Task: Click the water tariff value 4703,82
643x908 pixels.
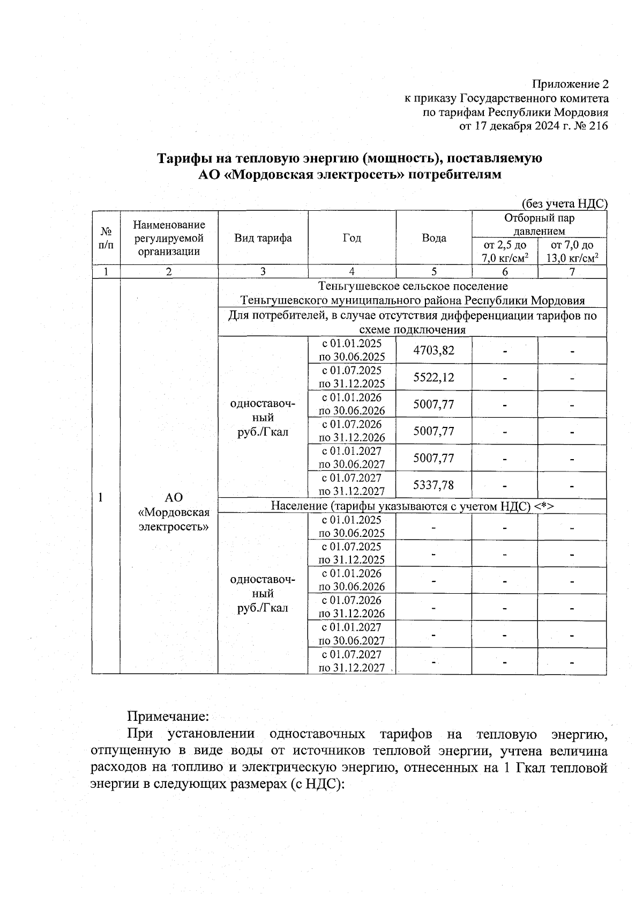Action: click(x=433, y=350)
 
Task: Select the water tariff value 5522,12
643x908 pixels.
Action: click(x=433, y=377)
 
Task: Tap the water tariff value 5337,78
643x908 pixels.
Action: click(x=433, y=485)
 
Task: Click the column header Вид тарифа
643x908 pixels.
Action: click(x=263, y=238)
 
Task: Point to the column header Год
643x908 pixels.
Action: click(x=352, y=238)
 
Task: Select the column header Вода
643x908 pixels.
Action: click(x=433, y=238)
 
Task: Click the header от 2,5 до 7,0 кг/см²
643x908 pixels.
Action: click(x=504, y=252)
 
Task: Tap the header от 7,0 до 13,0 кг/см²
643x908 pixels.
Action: click(x=572, y=252)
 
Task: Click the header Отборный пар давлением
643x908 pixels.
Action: click(x=539, y=224)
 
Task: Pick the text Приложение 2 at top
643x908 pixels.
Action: click(x=570, y=84)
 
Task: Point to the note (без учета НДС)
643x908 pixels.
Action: click(x=564, y=204)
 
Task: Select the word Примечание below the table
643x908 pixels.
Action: click(x=167, y=715)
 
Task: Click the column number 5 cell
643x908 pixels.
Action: click(x=433, y=271)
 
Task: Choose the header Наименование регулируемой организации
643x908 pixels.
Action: click(x=169, y=238)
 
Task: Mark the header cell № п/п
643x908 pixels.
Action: click(x=106, y=238)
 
